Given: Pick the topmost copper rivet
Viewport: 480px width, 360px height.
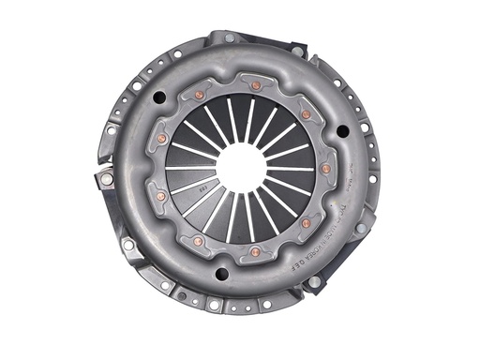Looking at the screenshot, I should click(x=255, y=85).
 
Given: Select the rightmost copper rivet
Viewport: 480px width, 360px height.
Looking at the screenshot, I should click(x=325, y=169).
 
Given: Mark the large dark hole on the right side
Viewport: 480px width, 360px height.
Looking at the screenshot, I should click(x=343, y=130).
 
